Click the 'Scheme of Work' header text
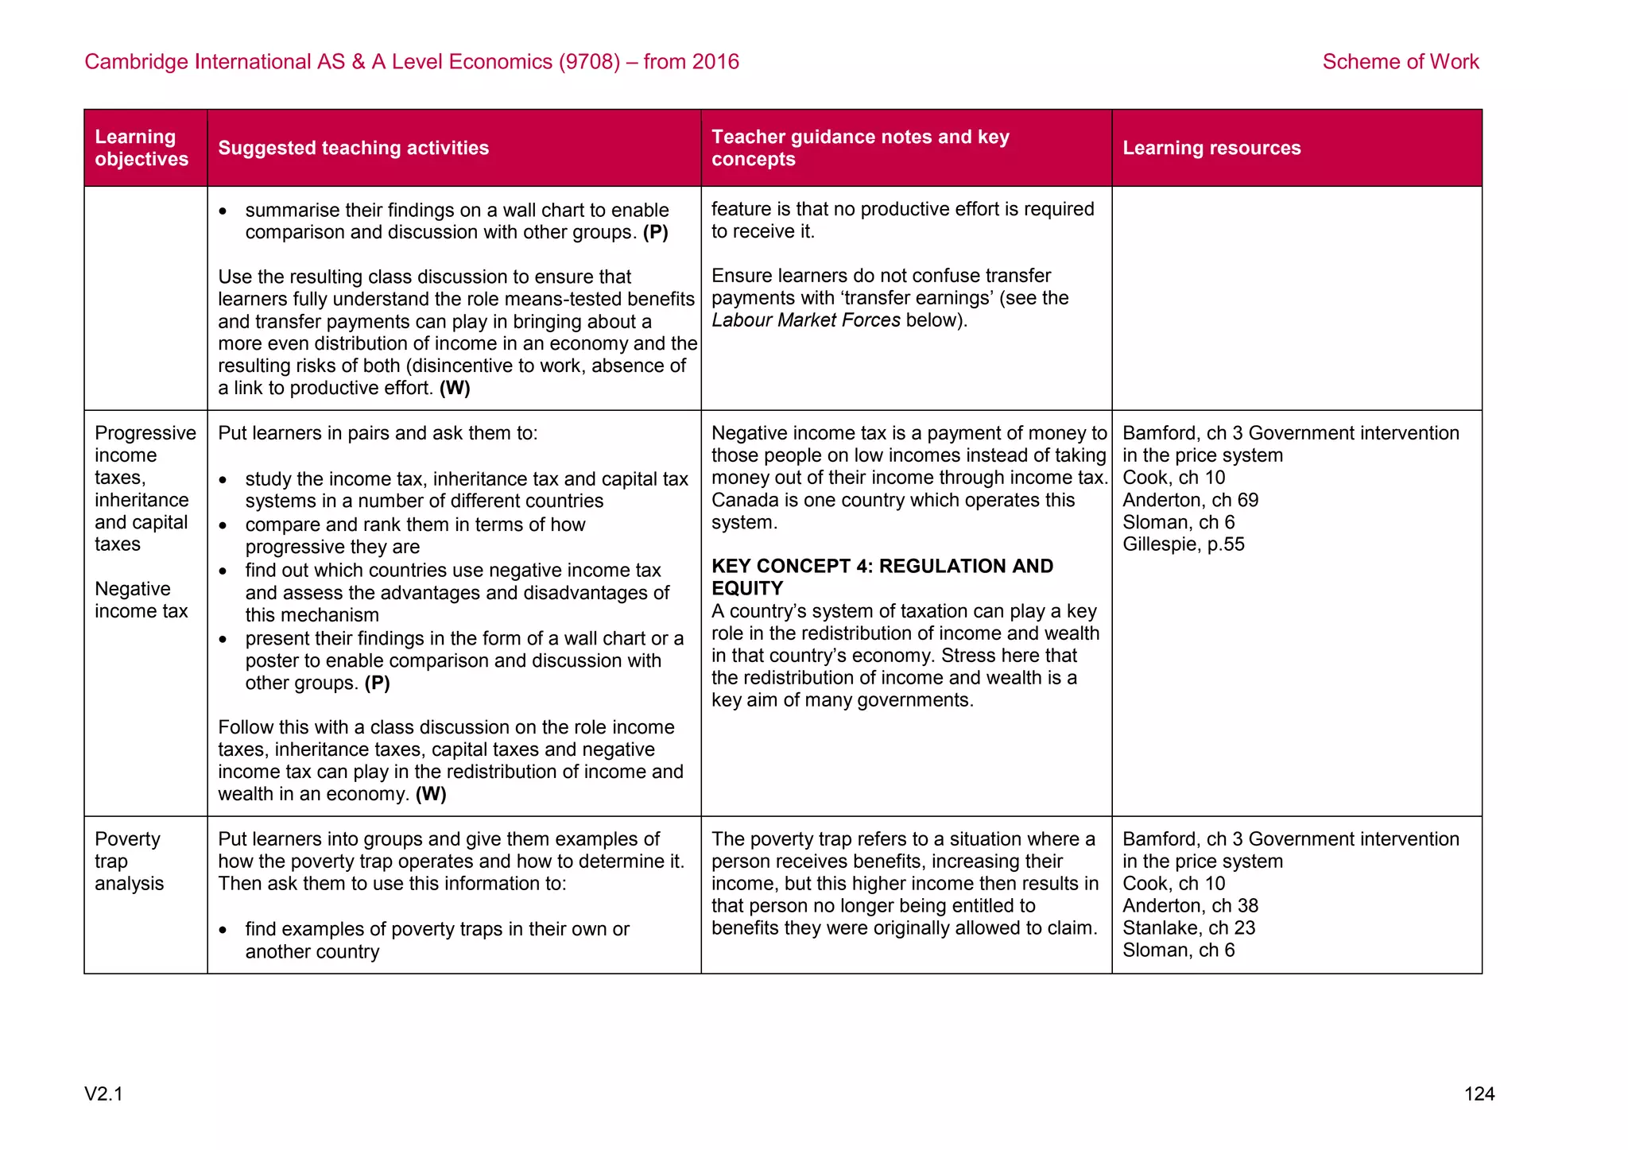click(1400, 62)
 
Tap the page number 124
click(1479, 1094)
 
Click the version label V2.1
click(103, 1094)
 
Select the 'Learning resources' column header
click(1211, 148)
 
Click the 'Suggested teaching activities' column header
click(353, 148)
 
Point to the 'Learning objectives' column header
click(141, 148)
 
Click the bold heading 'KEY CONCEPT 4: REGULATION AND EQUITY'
click(882, 577)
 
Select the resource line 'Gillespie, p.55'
click(1183, 544)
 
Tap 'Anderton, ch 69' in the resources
click(1190, 500)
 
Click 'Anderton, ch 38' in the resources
click(1190, 906)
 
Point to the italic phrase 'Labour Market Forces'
click(805, 320)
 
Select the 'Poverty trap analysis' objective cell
click(129, 862)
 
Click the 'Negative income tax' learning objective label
click(141, 600)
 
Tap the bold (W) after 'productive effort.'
click(455, 389)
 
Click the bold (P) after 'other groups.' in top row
click(655, 233)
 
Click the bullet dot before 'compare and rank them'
click(224, 525)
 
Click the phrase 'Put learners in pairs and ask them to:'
click(378, 433)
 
